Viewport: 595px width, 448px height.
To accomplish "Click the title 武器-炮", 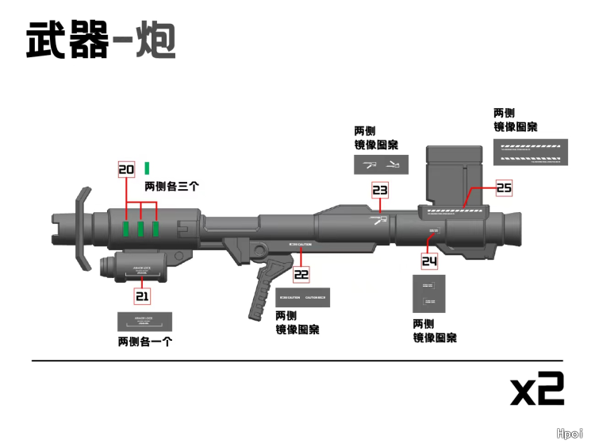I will [101, 40].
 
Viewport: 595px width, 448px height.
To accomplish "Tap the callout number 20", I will [126, 169].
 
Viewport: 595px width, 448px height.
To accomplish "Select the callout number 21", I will [142, 296].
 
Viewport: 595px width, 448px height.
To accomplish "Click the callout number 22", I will [301, 275].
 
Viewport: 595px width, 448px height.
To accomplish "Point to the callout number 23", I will [380, 191].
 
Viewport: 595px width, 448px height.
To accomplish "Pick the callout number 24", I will [429, 261].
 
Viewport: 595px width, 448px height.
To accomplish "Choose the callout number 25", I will [505, 187].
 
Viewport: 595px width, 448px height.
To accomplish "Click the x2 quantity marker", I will [537, 389].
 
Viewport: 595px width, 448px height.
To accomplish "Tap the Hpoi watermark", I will [570, 434].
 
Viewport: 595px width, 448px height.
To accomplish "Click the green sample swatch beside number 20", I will [147, 168].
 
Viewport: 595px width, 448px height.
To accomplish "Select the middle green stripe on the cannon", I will [140, 230].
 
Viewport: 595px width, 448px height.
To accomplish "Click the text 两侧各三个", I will [171, 187].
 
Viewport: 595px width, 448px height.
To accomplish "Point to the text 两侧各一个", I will [145, 342].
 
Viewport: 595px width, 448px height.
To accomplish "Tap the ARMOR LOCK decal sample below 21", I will [145, 322].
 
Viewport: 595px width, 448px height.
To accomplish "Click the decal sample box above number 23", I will [381, 164].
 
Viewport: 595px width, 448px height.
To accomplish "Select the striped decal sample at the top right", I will [531, 152].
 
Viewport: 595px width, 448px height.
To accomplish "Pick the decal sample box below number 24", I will [429, 294].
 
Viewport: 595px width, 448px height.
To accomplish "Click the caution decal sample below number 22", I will [302, 298].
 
